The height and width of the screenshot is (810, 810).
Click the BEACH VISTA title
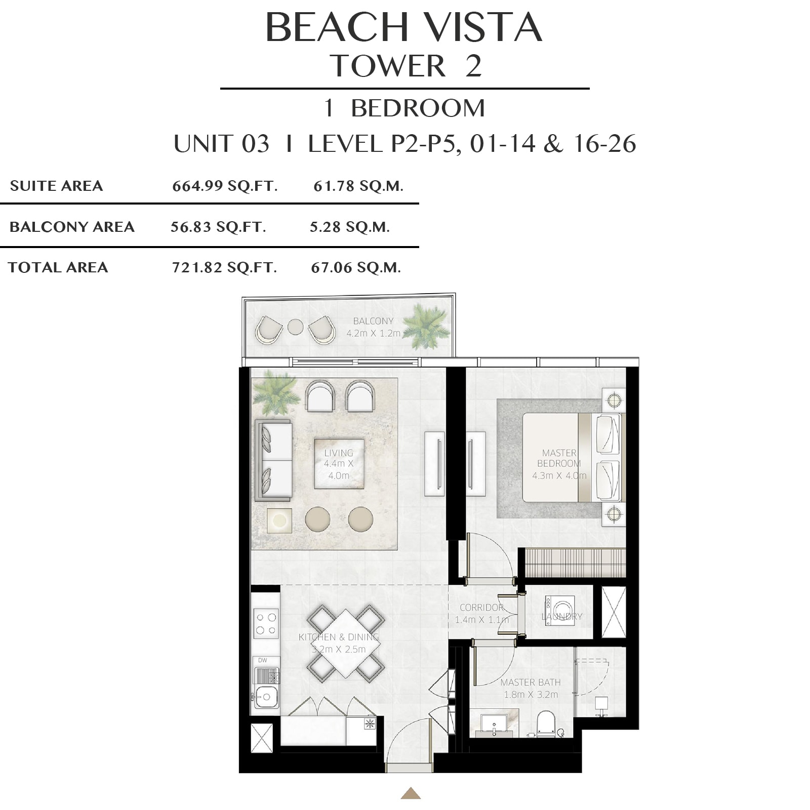click(x=404, y=27)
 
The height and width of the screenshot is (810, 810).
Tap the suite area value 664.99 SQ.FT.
click(x=225, y=186)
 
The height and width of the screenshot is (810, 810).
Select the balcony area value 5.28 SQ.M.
click(x=350, y=227)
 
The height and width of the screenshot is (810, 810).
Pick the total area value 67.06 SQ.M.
click(x=356, y=267)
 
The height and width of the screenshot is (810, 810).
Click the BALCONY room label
click(x=373, y=321)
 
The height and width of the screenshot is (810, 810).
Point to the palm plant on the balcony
click(x=426, y=327)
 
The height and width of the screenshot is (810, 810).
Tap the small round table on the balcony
click(x=295, y=327)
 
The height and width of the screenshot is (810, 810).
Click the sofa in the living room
click(x=273, y=460)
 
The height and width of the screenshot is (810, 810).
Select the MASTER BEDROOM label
click(x=559, y=458)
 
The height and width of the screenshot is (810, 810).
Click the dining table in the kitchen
click(x=345, y=643)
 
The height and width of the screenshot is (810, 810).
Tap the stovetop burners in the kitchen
click(x=266, y=624)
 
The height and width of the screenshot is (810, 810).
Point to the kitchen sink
click(x=265, y=697)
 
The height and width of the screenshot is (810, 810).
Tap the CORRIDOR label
click(x=481, y=607)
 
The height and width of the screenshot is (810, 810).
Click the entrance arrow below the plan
click(x=411, y=793)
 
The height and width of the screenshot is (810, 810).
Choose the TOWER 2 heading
click(x=406, y=66)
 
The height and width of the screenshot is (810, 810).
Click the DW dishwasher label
click(x=262, y=660)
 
